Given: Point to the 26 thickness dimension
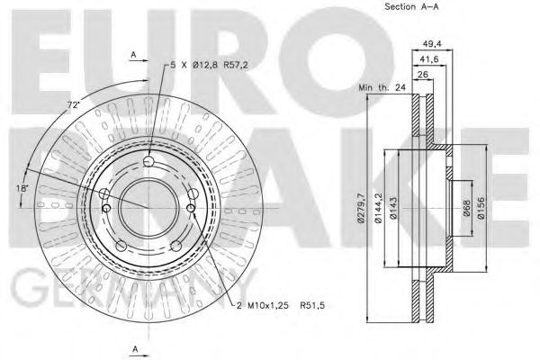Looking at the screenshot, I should click(x=422, y=76).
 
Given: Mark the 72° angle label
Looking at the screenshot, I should click(x=71, y=106).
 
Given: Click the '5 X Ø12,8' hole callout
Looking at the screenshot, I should click(x=195, y=64).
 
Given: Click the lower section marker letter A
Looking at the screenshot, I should click(x=132, y=347).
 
